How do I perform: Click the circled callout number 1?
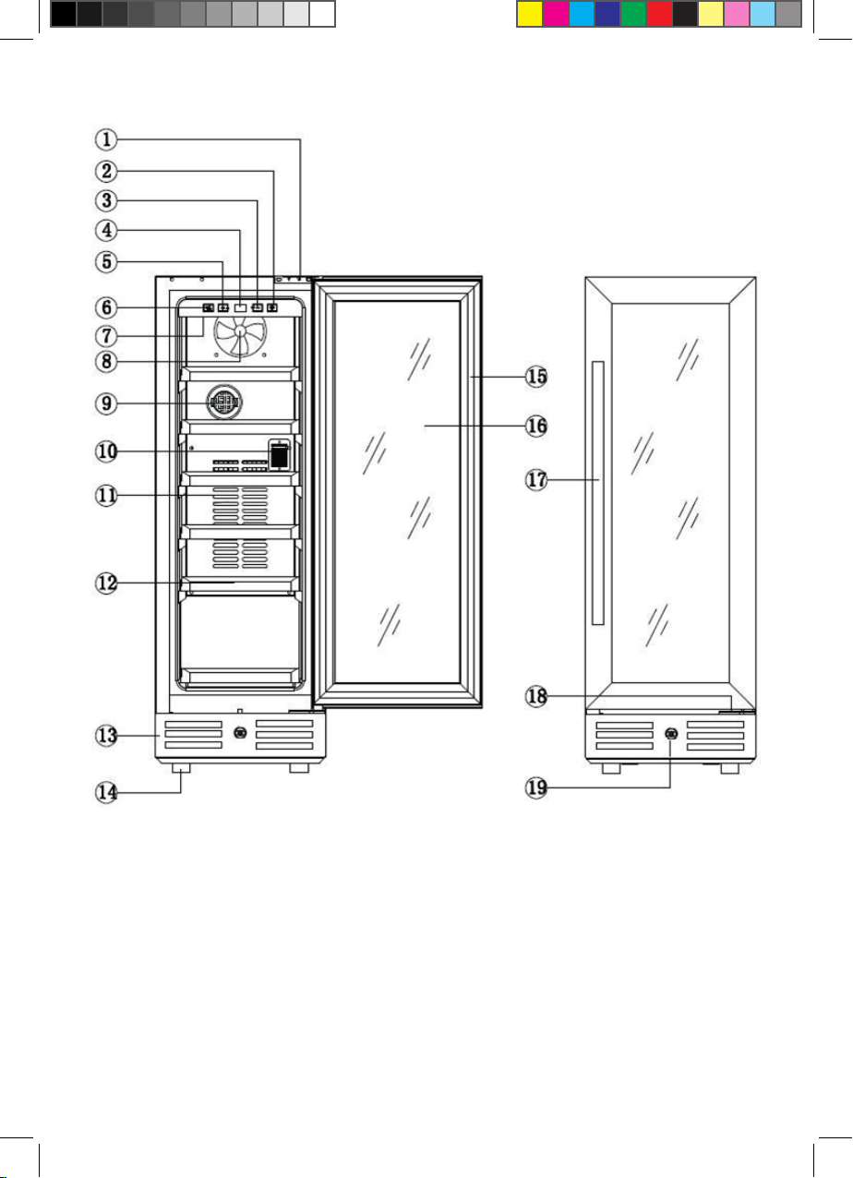pyautogui.click(x=106, y=139)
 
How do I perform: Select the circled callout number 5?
pyautogui.click(x=106, y=261)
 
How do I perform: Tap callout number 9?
pyautogui.click(x=106, y=403)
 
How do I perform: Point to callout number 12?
pyautogui.click(x=106, y=583)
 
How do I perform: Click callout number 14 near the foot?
pyautogui.click(x=106, y=792)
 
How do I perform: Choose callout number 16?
pyautogui.click(x=536, y=426)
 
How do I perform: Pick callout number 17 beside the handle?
pyautogui.click(x=536, y=480)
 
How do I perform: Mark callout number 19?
pyautogui.click(x=536, y=787)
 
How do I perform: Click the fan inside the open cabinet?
pyautogui.click(x=240, y=334)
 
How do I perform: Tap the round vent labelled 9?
pyautogui.click(x=224, y=403)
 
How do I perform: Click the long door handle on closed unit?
pyautogui.click(x=598, y=493)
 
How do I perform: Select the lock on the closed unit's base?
pyautogui.click(x=671, y=734)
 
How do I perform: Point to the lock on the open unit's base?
pyautogui.click(x=240, y=732)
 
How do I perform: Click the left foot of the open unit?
pyautogui.click(x=181, y=768)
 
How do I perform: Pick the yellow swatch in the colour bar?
pyautogui.click(x=529, y=14)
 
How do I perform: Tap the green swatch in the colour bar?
pyautogui.click(x=632, y=14)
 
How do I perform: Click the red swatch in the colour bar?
pyautogui.click(x=658, y=14)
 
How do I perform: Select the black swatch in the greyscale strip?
pyautogui.click(x=64, y=14)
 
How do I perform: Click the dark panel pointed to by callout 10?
pyautogui.click(x=279, y=455)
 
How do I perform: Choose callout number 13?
pyautogui.click(x=106, y=735)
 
